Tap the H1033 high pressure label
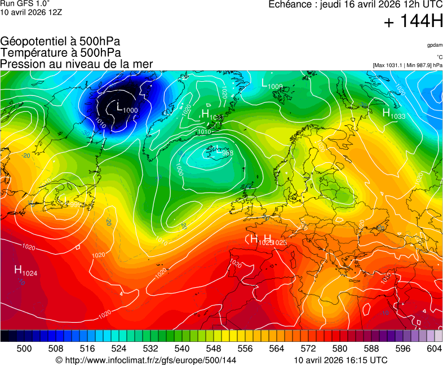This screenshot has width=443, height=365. pos(394,114)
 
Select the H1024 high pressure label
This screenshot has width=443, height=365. pos(26,271)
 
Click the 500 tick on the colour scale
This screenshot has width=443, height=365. pos(24,349)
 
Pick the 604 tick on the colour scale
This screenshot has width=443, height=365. pos(434,349)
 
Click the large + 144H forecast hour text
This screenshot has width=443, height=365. pos(413,22)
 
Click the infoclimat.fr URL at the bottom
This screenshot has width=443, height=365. pos(146,360)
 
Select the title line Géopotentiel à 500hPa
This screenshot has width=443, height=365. pos(60,42)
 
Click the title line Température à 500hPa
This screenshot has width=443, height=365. pos(61,53)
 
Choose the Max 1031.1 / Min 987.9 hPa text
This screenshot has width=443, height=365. pos(407,65)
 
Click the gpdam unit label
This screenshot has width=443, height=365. pos(434,45)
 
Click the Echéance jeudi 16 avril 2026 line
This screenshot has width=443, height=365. pos(355,5)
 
